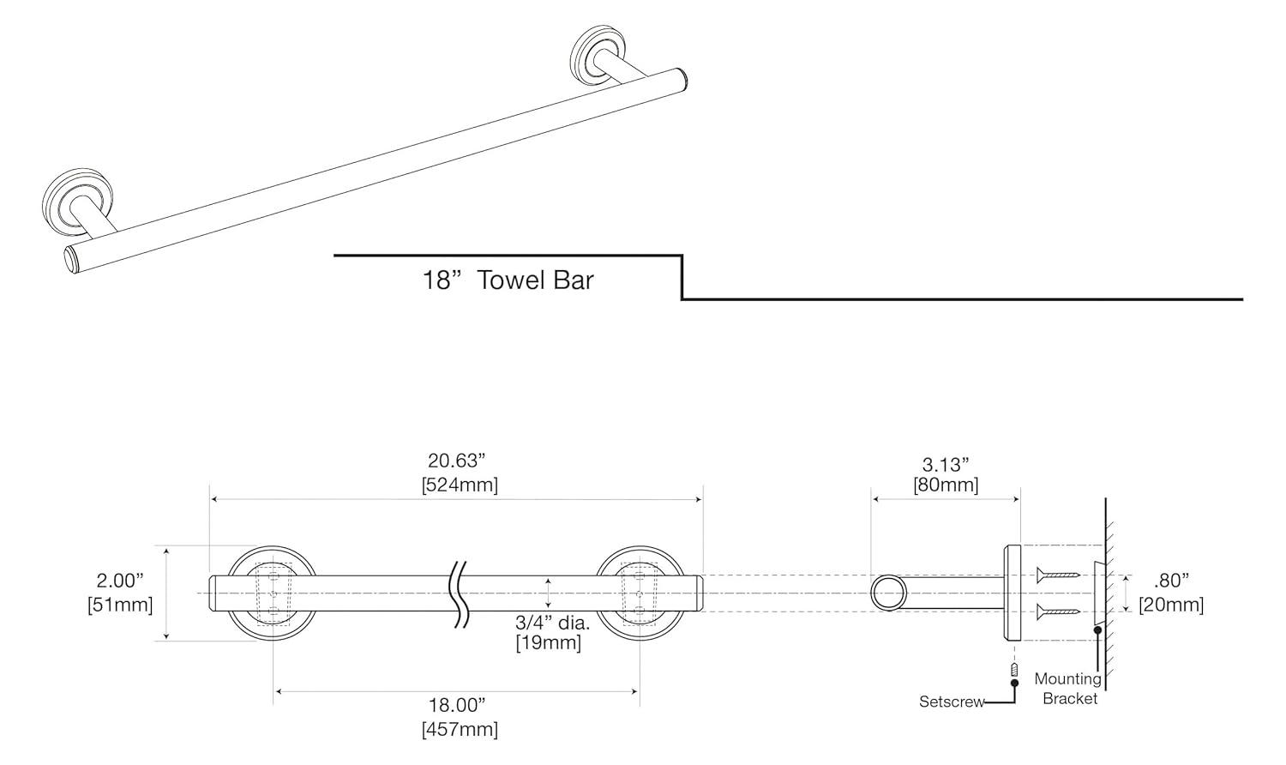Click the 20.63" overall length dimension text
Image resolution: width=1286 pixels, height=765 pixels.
pyautogui.click(x=457, y=461)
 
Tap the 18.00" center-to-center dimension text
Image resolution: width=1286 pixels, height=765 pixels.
pyautogui.click(x=457, y=705)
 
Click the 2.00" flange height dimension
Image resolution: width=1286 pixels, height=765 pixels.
pyautogui.click(x=120, y=581)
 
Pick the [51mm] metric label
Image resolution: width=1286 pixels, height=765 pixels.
pyautogui.click(x=120, y=605)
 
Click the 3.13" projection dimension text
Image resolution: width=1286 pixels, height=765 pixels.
pyautogui.click(x=946, y=464)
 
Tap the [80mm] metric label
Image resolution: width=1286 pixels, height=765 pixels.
pyautogui.click(x=946, y=485)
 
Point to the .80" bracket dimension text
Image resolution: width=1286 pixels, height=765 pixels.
pyautogui.click(x=1171, y=581)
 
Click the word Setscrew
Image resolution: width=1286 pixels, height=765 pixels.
pyautogui.click(x=952, y=702)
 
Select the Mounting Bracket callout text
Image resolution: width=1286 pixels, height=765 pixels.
pyautogui.click(x=1067, y=688)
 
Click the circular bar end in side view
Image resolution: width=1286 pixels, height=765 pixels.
pyautogui.click(x=888, y=593)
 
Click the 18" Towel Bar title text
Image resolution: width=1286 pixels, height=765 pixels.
pyautogui.click(x=508, y=280)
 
